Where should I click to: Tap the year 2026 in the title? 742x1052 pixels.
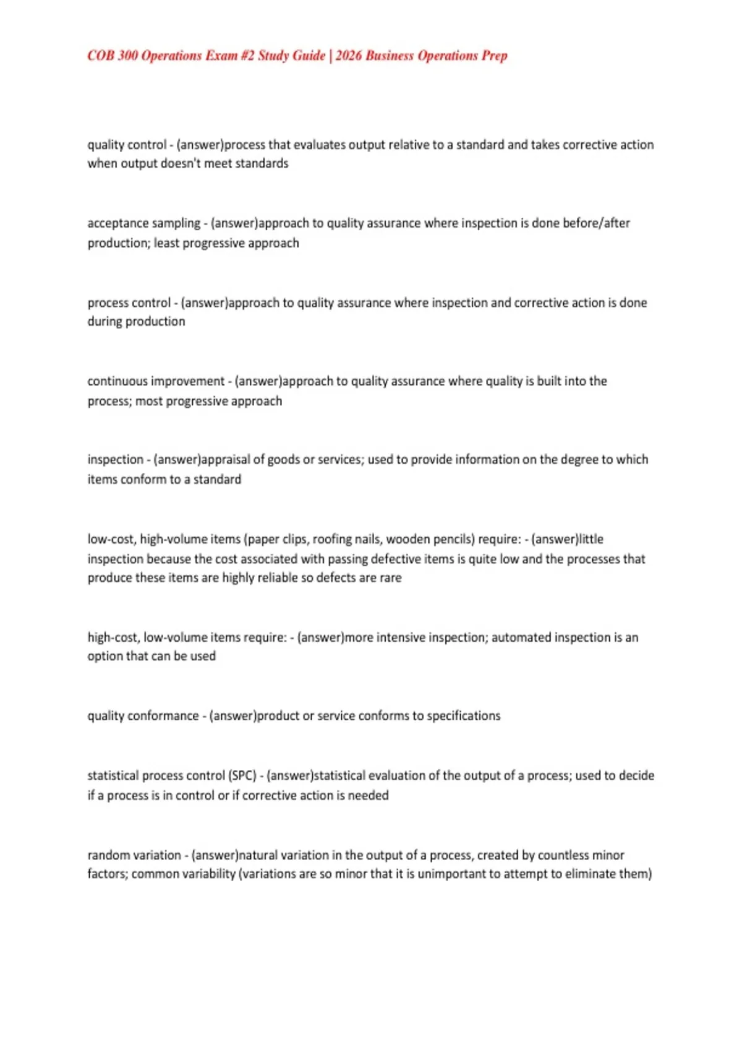[349, 56]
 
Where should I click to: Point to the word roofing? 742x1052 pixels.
[332, 540]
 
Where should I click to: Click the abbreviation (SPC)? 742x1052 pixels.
[242, 776]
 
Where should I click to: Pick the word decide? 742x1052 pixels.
[636, 776]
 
